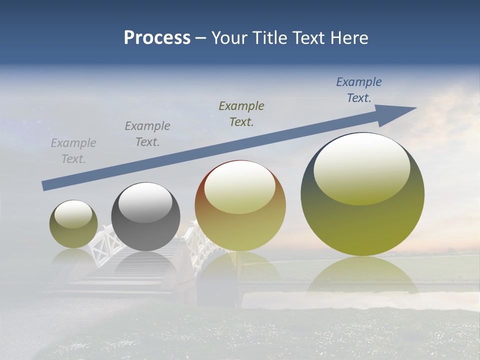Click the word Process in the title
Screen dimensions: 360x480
click(157, 38)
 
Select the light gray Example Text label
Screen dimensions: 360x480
click(73, 151)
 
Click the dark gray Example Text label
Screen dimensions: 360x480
click(147, 134)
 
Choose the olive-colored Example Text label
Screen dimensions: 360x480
click(241, 113)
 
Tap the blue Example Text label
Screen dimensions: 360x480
click(359, 90)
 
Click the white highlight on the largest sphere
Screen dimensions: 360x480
click(362, 167)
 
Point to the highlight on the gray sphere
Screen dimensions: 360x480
click(145, 202)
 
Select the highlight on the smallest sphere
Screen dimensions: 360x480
click(73, 214)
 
